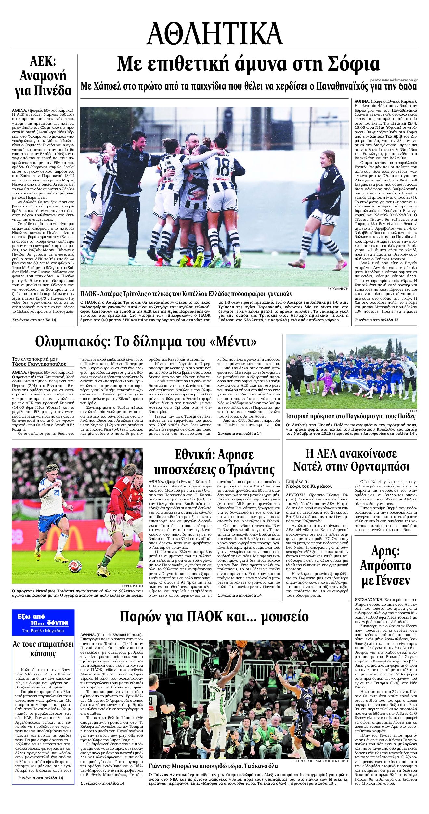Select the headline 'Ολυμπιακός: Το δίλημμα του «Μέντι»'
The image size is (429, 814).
click(x=146, y=342)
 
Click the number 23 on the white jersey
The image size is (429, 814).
click(x=57, y=493)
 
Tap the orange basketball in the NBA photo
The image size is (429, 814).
click(x=241, y=644)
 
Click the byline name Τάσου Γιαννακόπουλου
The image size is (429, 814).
click(x=39, y=364)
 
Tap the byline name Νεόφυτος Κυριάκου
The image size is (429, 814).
click(x=309, y=486)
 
